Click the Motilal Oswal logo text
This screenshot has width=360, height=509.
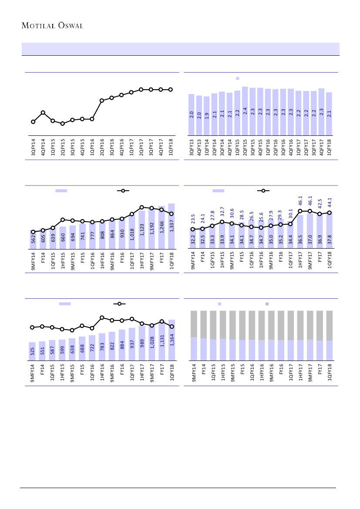pyautogui.click(x=52, y=25)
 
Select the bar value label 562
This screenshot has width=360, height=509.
pyautogui.click(x=33, y=240)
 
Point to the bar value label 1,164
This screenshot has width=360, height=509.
pyautogui.click(x=172, y=339)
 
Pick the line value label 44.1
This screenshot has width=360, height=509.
pyautogui.click(x=330, y=202)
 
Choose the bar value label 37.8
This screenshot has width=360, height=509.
pyautogui.click(x=330, y=240)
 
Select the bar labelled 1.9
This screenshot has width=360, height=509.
pyautogui.click(x=207, y=115)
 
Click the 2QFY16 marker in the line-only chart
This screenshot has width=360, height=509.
pyautogui.click(x=101, y=101)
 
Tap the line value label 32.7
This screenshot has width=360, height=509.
pyautogui.click(x=222, y=212)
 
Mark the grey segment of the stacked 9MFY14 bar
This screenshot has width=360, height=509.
pyautogui.click(x=194, y=324)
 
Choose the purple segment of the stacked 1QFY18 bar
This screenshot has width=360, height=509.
pyautogui.click(x=330, y=350)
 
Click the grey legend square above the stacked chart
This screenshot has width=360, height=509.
pyautogui.click(x=267, y=303)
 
